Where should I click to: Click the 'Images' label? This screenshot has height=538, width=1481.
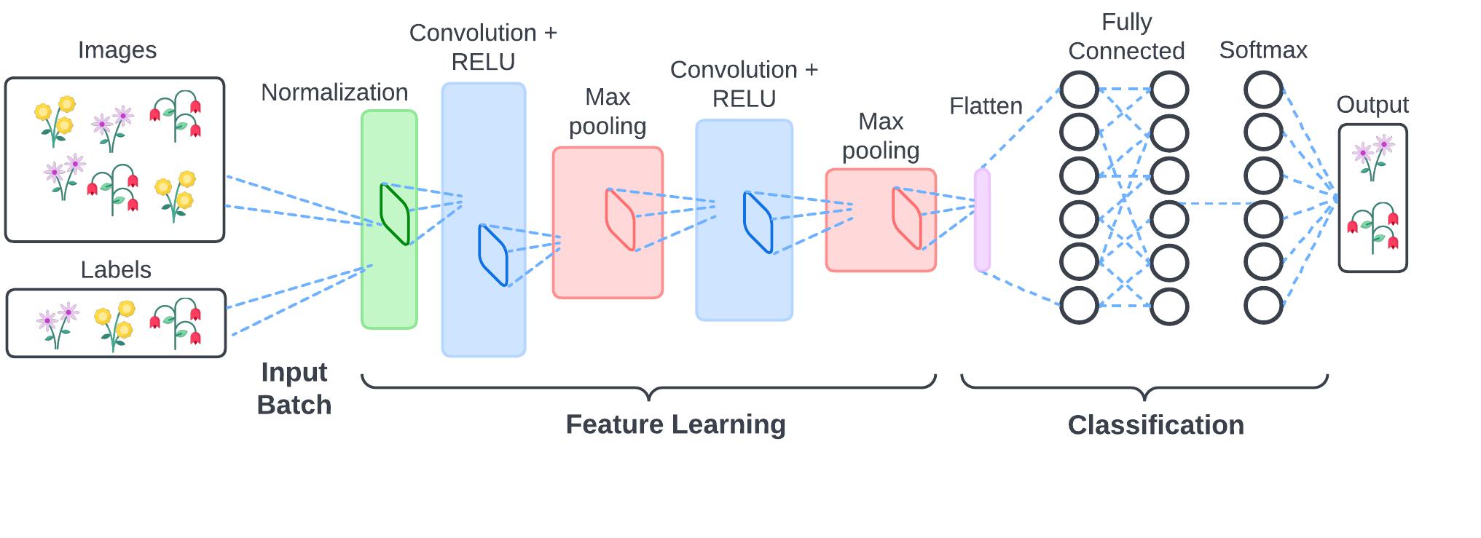click(x=117, y=50)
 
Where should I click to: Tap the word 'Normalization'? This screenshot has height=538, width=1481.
click(x=334, y=92)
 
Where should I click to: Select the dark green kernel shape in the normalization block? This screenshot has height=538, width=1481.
click(x=395, y=215)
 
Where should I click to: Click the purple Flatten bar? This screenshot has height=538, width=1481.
click(x=982, y=220)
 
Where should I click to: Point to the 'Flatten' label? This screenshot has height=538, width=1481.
click(x=986, y=106)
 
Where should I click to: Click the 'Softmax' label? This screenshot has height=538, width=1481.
click(x=1263, y=50)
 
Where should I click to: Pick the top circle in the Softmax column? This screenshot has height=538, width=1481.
click(x=1263, y=90)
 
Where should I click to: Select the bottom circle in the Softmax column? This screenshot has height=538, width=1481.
click(x=1263, y=305)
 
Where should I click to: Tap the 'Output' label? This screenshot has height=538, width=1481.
click(x=1372, y=105)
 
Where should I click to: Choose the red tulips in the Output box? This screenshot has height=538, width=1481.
click(x=1373, y=227)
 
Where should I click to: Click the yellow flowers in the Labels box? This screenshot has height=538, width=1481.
click(x=115, y=325)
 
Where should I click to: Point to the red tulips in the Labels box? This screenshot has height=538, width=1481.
click(x=176, y=323)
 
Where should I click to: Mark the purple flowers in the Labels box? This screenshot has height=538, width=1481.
click(x=58, y=325)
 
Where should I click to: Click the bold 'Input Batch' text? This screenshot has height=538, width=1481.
click(x=294, y=388)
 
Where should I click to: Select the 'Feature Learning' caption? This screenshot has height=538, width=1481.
click(x=676, y=424)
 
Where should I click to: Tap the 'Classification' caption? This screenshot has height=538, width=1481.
click(x=1156, y=425)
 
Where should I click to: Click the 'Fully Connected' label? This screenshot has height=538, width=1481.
click(x=1126, y=36)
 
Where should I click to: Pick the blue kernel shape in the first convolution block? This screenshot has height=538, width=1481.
click(x=492, y=255)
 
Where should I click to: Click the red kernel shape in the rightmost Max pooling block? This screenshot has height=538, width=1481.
click(x=907, y=218)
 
